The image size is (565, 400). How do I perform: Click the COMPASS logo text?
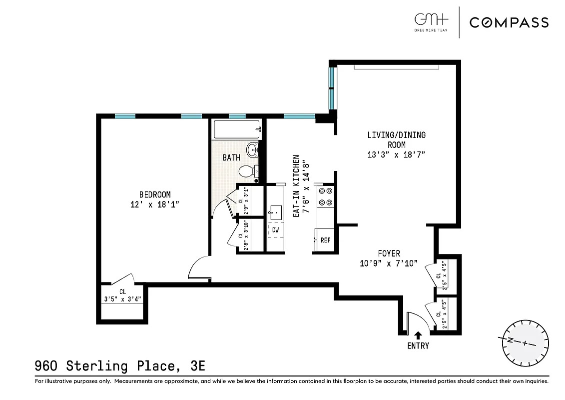pyautogui.click(x=509, y=22)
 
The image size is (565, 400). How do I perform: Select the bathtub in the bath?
pyautogui.click(x=237, y=130)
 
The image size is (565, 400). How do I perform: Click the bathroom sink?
pyautogui.click(x=253, y=149)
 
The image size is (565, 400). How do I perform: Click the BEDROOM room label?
pyautogui.click(x=155, y=194)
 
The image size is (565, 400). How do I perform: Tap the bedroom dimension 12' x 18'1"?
pyautogui.click(x=155, y=204)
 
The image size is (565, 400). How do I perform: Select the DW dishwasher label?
pyautogui.click(x=275, y=230)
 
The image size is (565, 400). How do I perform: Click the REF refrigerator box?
pyautogui.click(x=325, y=240)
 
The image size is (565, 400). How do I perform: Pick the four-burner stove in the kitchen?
pyautogui.click(x=326, y=196)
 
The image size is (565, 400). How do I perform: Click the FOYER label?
pyautogui.click(x=389, y=253)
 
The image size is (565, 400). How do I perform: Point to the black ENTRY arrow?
pyautogui.click(x=418, y=334)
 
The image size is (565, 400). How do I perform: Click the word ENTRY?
pyautogui.click(x=418, y=345)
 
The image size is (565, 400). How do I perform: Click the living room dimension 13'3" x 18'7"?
pyautogui.click(x=396, y=154)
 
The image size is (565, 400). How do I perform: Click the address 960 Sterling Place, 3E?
pyautogui.click(x=120, y=366)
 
